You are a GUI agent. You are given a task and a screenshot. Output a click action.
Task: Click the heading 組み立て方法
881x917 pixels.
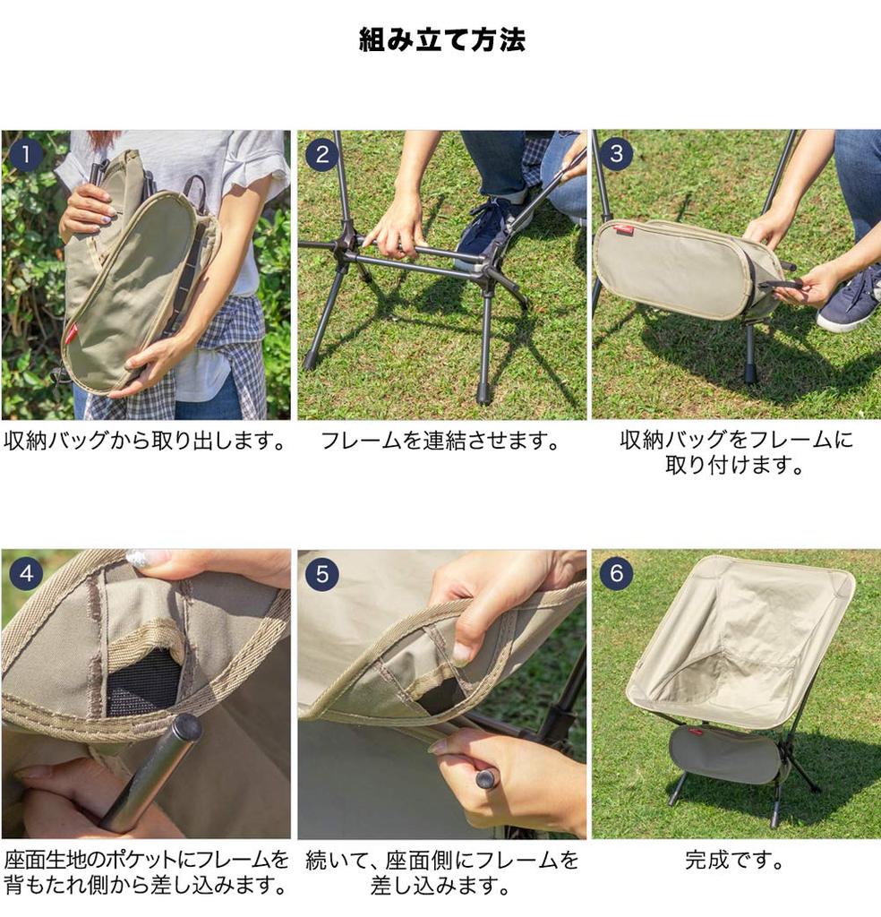pos(441,40)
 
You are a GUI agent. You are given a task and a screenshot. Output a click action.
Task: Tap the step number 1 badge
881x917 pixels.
pos(26,155)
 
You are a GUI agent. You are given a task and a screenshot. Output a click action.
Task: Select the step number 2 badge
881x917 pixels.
pos(321,155)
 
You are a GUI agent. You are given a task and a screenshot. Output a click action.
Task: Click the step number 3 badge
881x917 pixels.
pos(616,155)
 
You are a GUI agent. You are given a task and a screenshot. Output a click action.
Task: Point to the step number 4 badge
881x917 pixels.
pos(26,574)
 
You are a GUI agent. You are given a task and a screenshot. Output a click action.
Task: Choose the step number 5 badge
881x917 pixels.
pos(321,574)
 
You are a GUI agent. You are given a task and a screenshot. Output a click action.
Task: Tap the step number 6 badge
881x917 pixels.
pos(616,574)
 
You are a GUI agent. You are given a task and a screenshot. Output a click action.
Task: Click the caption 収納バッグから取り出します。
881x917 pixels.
pos(145,441)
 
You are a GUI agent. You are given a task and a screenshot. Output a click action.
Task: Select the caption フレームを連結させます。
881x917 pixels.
pos(440,441)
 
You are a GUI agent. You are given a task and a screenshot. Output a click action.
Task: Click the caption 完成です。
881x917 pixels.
pos(735,861)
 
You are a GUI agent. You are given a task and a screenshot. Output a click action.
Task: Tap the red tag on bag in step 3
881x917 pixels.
pos(624,230)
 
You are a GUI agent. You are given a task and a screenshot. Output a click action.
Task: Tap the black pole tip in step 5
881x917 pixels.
pos(485,779)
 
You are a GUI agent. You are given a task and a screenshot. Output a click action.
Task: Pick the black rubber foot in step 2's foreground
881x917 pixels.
pos(483,395)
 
